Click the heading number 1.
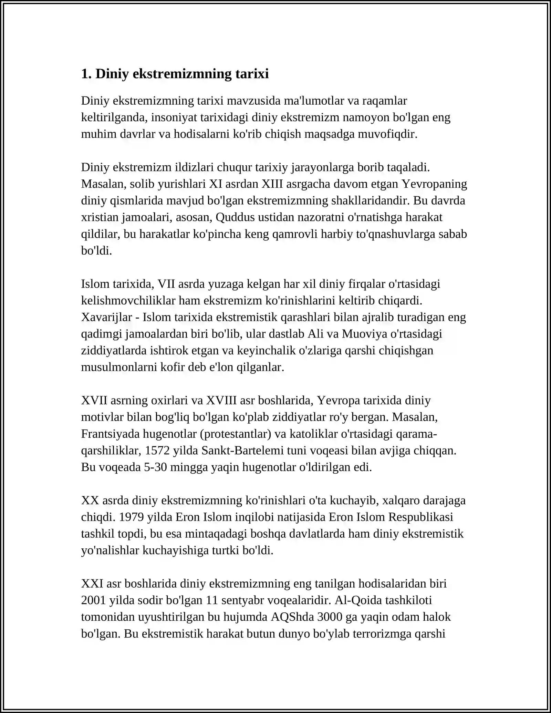86,74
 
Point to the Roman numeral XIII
272,184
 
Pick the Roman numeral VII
167,284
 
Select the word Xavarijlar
106,317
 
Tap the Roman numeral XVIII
221,401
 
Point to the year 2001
93,600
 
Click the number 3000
330,617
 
